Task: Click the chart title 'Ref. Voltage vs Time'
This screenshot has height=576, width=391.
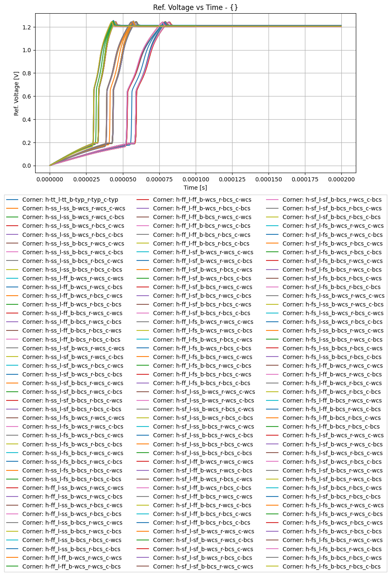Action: (195, 7)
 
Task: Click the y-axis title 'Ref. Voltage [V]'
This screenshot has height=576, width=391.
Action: (17, 93)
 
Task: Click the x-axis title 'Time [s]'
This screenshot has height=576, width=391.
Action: (195, 188)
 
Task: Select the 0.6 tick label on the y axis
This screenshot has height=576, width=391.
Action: (26, 96)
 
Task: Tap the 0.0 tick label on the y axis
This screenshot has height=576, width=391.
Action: (26, 166)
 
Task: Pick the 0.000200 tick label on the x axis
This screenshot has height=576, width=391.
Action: (341, 179)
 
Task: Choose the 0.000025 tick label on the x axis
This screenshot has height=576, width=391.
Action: (86, 179)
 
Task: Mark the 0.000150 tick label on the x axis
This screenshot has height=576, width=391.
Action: (269, 179)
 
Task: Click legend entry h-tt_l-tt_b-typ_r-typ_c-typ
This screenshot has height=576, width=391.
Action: (70, 200)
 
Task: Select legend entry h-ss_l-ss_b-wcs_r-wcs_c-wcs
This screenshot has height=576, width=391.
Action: (74, 208)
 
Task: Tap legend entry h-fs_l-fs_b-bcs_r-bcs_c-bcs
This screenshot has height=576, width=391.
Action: (331, 566)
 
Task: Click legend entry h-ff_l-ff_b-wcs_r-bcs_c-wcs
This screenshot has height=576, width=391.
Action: (202, 200)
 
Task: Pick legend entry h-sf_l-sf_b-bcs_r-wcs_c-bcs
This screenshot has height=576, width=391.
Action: (332, 200)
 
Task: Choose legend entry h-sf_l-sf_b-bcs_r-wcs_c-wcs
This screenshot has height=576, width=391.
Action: (203, 566)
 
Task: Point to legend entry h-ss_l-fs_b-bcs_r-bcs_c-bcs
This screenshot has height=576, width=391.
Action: (72, 479)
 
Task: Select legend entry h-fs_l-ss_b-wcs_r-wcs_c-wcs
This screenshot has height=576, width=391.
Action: (333, 296)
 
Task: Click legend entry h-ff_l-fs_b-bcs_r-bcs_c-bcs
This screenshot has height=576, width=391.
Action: (201, 383)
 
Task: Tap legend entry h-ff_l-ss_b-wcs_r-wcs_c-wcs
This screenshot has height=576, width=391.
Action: (73, 488)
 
